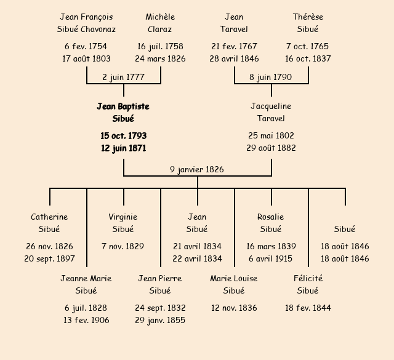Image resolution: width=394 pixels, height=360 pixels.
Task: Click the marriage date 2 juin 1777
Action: point(123,77)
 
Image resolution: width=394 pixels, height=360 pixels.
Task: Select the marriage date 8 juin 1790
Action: point(271,77)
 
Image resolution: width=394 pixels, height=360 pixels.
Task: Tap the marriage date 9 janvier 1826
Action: point(197,169)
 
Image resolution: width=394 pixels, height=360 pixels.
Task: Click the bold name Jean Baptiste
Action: point(123,106)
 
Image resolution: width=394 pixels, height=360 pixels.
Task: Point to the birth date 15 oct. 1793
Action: point(123,135)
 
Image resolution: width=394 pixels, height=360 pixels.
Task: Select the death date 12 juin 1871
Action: point(123,148)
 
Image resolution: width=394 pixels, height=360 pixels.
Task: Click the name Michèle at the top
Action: point(160,17)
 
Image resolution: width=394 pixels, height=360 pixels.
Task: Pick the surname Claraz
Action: point(160,29)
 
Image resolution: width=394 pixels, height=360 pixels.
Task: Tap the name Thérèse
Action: point(308,17)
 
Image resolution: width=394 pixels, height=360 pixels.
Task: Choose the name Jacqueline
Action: point(271,106)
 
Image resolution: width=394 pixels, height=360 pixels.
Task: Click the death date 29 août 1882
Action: point(271,148)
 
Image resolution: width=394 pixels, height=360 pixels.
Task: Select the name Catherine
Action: point(49,217)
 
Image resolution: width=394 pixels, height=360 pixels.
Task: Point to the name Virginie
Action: point(123,217)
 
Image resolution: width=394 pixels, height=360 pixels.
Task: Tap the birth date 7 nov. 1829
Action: point(123,246)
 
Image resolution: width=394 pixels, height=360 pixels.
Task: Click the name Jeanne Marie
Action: point(86,278)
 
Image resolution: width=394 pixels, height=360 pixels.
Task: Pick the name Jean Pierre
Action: point(160,278)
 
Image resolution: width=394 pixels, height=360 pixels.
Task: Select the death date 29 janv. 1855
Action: point(160,320)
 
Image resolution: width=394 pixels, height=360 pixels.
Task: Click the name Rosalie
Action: point(271,217)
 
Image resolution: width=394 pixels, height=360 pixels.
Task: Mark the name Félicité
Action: point(308,278)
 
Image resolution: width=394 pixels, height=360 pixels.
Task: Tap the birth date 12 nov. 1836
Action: point(234,308)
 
